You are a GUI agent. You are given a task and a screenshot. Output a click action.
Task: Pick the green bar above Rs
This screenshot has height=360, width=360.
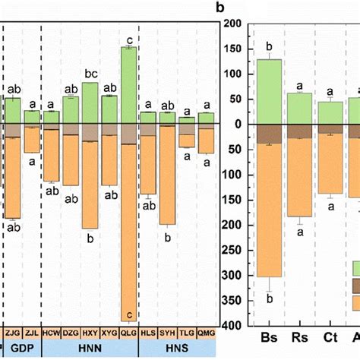(299, 108)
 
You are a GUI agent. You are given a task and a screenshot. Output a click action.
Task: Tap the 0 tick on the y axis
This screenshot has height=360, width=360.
(237, 124)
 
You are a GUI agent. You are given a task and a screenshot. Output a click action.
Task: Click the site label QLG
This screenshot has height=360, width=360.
(130, 332)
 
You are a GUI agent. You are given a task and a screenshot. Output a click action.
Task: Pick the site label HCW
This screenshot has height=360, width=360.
(51, 332)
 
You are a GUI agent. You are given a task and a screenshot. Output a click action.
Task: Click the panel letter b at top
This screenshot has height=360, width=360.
(220, 7)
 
